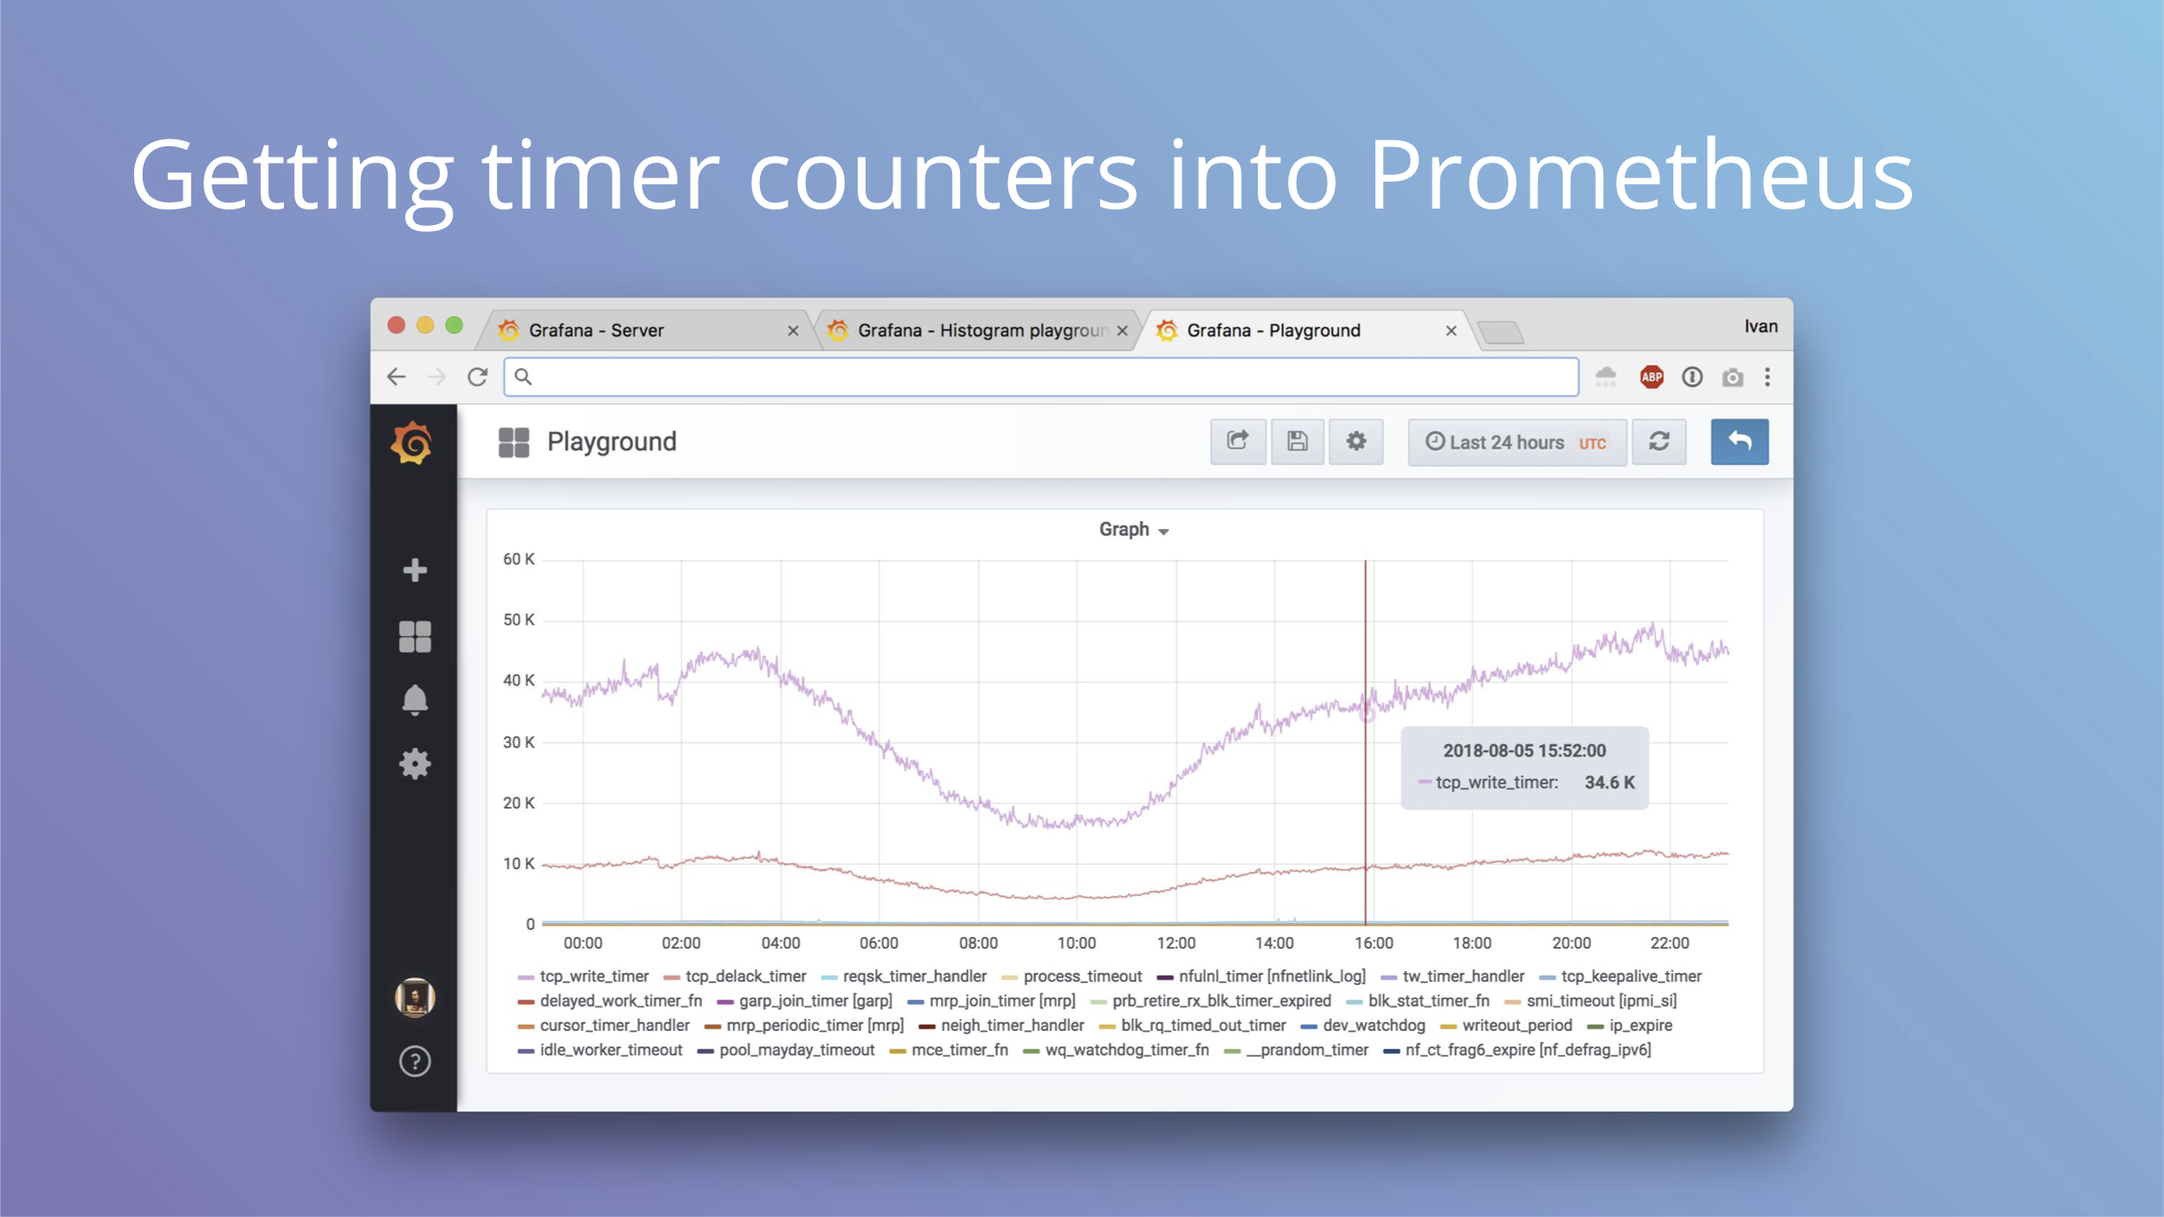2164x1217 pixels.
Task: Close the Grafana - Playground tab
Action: coord(1452,331)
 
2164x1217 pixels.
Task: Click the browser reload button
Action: coord(477,377)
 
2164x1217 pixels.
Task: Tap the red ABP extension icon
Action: coord(1652,377)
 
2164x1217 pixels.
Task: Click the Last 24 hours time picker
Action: coord(1517,442)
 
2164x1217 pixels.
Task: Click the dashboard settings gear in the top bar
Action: coord(1356,441)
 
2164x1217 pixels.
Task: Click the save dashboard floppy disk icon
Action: coord(1297,441)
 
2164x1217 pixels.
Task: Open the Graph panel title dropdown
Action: coord(1134,530)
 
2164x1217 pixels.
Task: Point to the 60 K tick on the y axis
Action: coord(518,559)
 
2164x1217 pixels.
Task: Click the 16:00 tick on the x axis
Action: coord(1374,943)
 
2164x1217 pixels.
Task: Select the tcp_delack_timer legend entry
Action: coord(735,976)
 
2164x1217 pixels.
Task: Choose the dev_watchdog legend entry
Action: coord(1362,1025)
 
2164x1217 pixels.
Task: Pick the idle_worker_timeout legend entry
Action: coord(600,1050)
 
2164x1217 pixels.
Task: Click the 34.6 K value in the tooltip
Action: coord(1609,782)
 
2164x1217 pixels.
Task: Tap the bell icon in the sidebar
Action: coord(415,700)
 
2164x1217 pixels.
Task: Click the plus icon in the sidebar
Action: coord(415,570)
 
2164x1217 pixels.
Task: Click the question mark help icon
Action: coord(415,1061)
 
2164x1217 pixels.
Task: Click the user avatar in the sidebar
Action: coord(415,997)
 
